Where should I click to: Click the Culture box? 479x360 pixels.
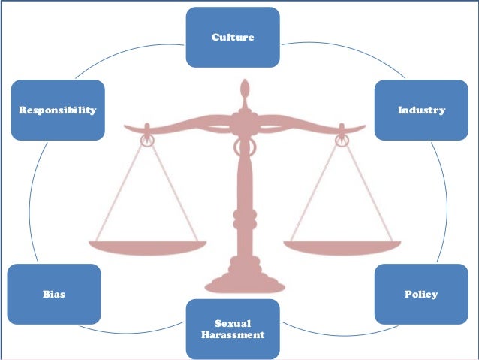tap(233, 36)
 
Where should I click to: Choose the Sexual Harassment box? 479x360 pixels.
tap(233, 328)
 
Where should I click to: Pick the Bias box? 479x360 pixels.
tap(53, 294)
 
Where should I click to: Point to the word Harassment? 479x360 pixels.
tap(233, 334)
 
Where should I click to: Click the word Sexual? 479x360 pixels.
tap(233, 323)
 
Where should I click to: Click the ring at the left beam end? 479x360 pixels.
tap(147, 139)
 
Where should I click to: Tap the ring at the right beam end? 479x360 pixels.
tap(341, 139)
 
